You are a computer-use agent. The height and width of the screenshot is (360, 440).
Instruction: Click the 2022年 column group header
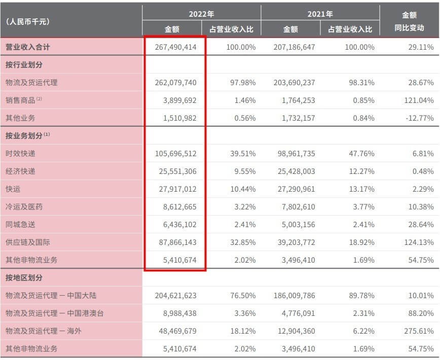coord(201,14)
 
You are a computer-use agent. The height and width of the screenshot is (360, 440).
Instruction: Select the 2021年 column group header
coord(320,14)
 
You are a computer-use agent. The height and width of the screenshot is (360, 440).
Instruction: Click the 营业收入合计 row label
coord(28,47)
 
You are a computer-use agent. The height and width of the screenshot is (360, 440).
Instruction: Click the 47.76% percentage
coord(361,154)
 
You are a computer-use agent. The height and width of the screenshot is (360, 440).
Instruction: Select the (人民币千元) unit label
coord(27,22)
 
